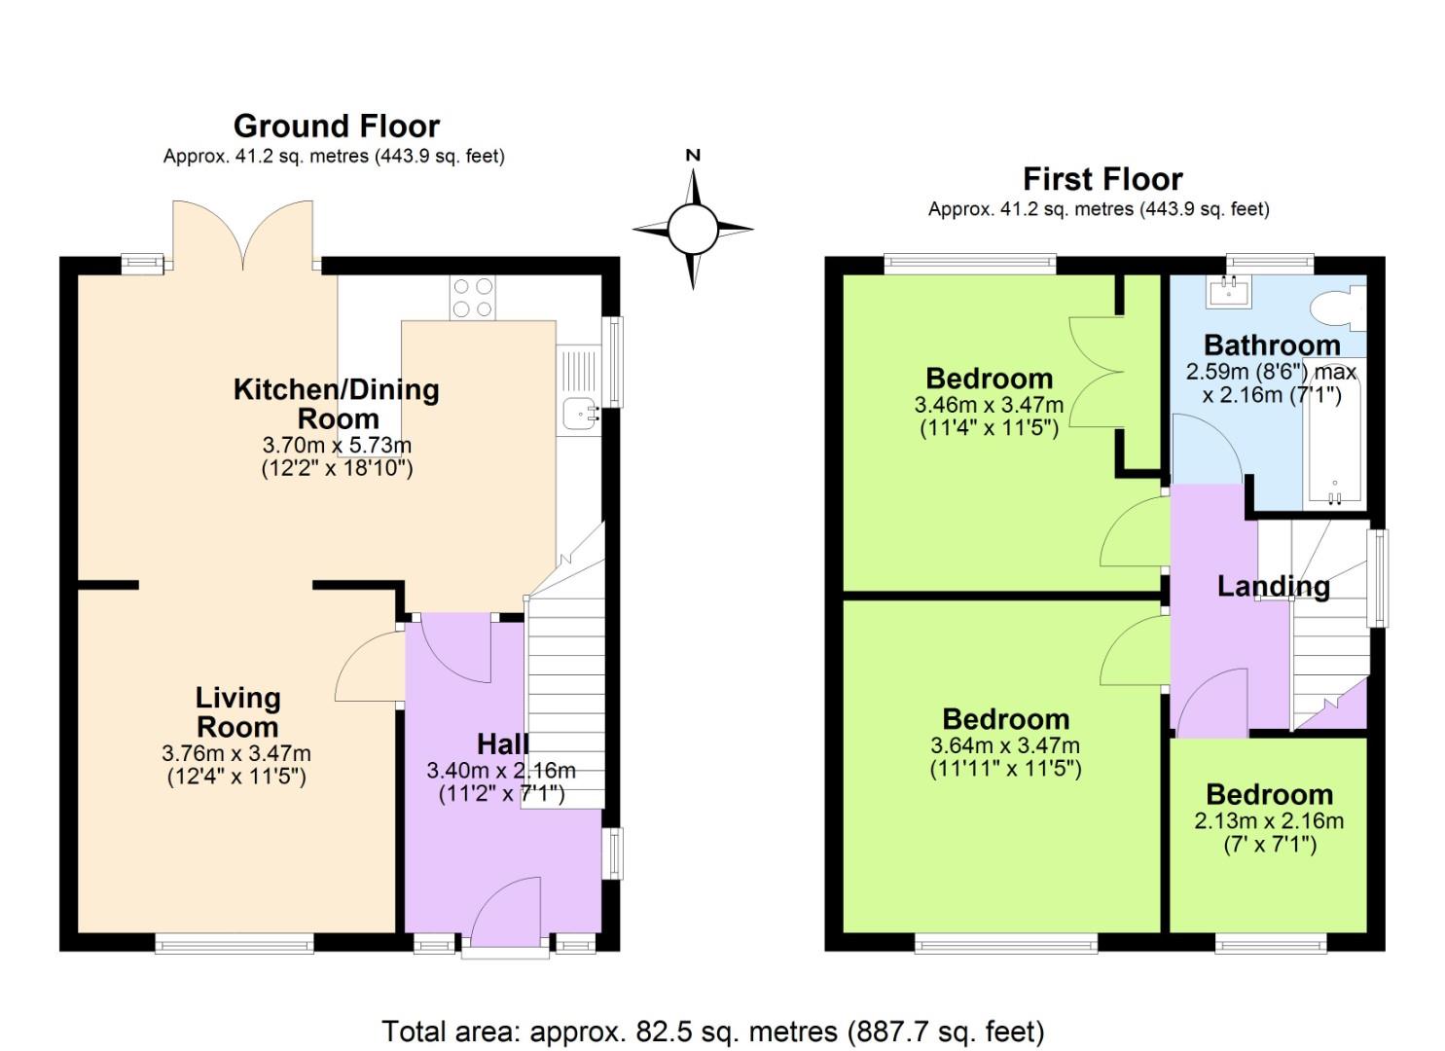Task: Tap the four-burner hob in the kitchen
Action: (x=472, y=298)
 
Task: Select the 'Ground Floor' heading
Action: (x=336, y=127)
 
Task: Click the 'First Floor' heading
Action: (x=1102, y=179)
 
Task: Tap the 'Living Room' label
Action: (x=237, y=712)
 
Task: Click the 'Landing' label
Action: (x=1273, y=586)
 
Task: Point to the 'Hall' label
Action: (x=502, y=744)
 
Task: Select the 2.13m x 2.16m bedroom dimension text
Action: (x=1269, y=820)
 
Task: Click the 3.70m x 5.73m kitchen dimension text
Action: (x=337, y=445)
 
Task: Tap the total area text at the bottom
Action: (x=712, y=1032)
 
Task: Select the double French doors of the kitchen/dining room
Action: (x=243, y=234)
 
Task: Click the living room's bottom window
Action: (x=234, y=942)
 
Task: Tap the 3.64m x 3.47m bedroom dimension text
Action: (x=1005, y=745)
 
